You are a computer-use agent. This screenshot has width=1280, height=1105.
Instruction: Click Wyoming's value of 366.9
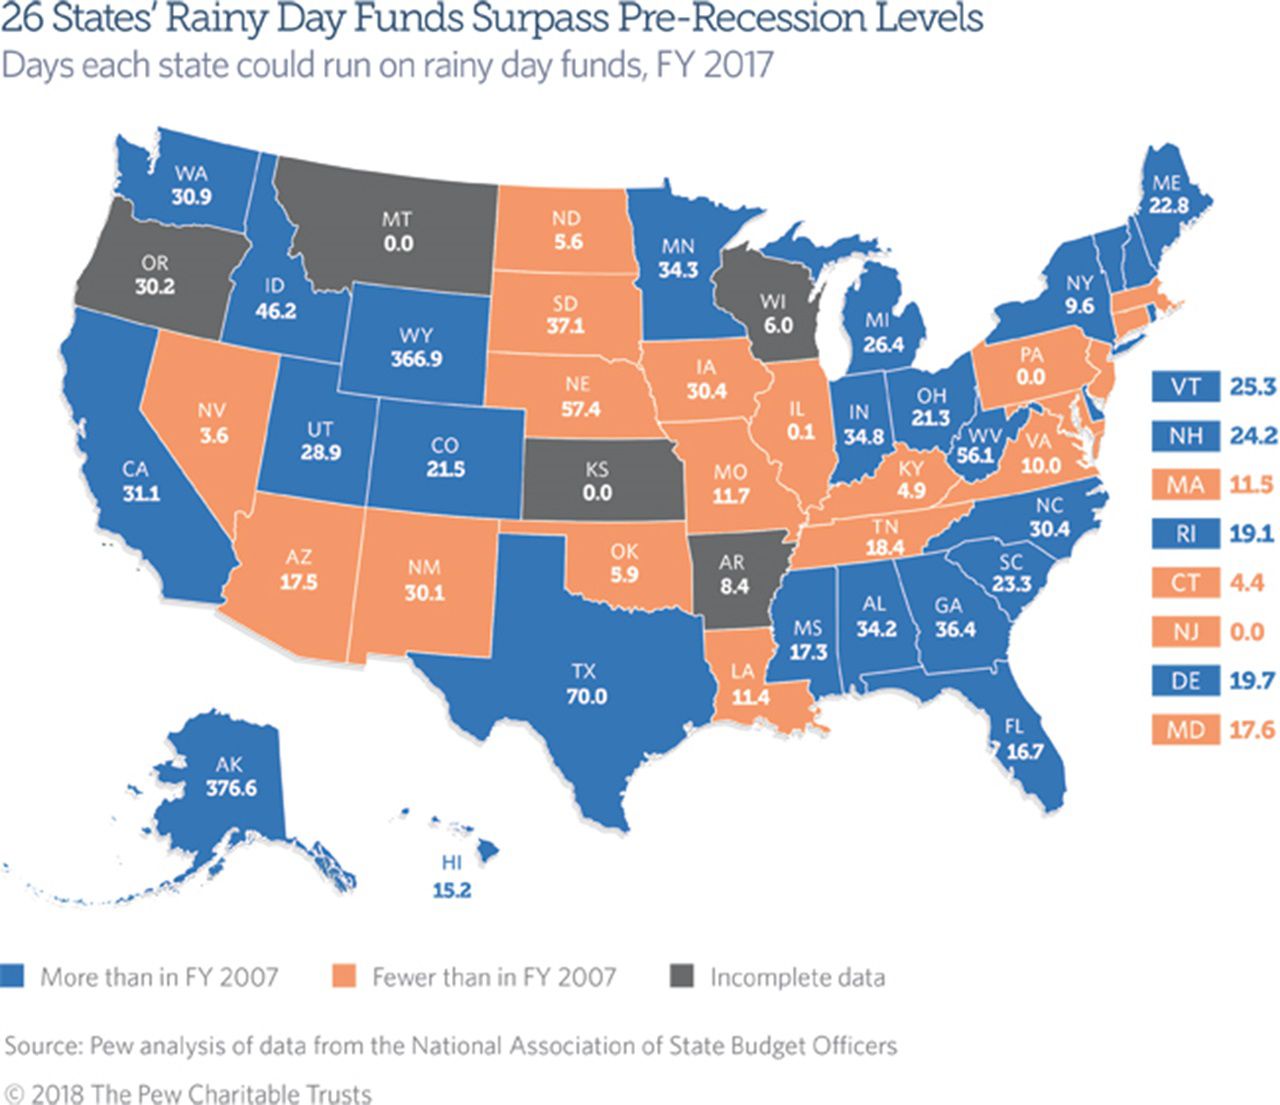(x=416, y=358)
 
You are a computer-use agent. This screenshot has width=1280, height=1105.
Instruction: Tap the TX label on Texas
(x=586, y=672)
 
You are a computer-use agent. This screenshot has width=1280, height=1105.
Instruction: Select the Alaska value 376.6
(x=231, y=788)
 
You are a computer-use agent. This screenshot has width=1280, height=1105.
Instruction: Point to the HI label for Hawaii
(x=451, y=863)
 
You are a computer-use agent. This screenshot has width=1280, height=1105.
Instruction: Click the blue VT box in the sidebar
(x=1185, y=386)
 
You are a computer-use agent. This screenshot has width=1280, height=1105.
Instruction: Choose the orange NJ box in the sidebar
(x=1185, y=632)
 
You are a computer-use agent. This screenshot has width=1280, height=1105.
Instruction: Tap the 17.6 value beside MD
(x=1251, y=730)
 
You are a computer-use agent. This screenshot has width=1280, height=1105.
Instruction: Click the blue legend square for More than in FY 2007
(x=13, y=977)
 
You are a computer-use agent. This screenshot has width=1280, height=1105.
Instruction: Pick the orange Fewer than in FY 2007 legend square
(x=345, y=977)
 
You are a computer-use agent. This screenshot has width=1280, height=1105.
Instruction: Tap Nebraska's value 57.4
(x=580, y=409)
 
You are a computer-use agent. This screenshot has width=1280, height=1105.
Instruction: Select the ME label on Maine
(x=1166, y=183)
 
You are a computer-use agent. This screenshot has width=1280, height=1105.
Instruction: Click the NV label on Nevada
(x=212, y=410)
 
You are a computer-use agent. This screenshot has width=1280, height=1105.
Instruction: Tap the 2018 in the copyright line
(x=58, y=1093)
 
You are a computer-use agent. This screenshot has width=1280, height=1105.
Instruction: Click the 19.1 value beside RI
(x=1251, y=534)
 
